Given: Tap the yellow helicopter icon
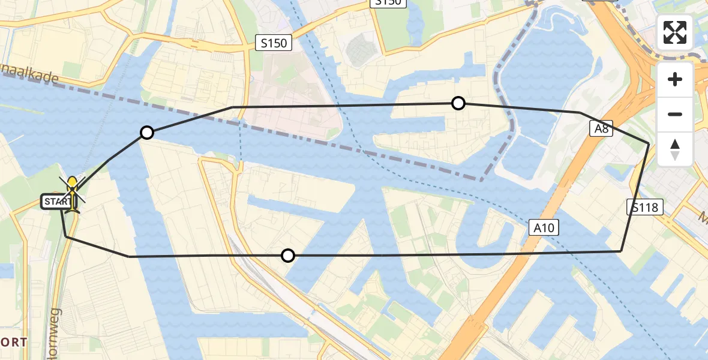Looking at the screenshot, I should pos(73,193).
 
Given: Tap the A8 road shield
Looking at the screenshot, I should pos(601,128).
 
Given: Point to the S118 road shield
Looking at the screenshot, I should pos(646,208).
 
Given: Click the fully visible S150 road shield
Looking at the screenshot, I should pos(273,43).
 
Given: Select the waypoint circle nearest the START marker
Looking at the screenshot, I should pos(146,133).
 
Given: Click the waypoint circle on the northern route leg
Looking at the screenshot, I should pos(458,103).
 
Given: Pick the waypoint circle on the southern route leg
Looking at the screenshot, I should pos(288,256).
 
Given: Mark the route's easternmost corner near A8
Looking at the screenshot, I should pos(649,143).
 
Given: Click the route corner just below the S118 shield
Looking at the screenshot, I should pos(621,251).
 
